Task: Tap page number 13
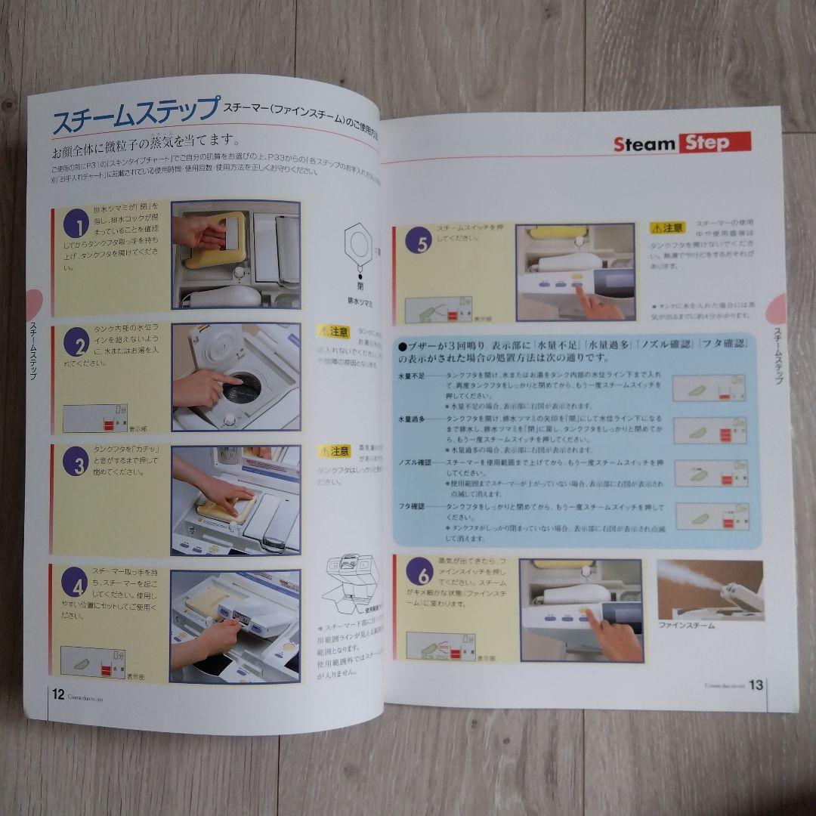[x=754, y=686]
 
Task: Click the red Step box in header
[x=713, y=143]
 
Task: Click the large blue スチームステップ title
[x=134, y=116]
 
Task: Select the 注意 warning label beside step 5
[x=666, y=227]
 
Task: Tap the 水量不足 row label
[x=412, y=376]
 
